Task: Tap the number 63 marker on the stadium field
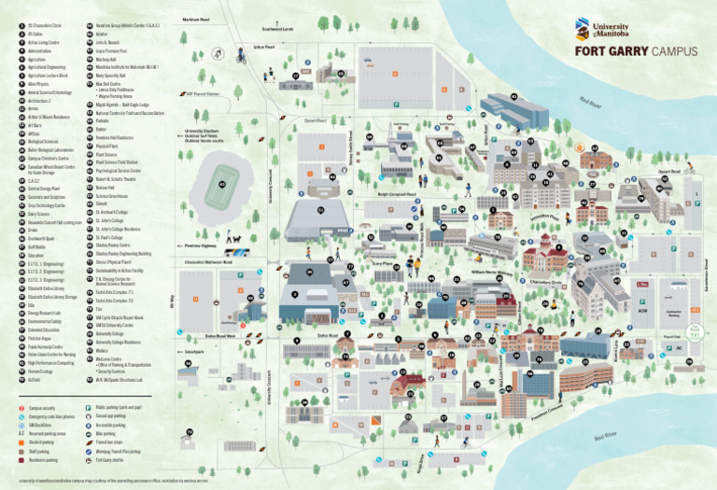[x=221, y=184]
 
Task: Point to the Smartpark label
[x=194, y=352]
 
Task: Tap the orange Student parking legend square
[x=21, y=442]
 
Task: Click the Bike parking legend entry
[x=107, y=434]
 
